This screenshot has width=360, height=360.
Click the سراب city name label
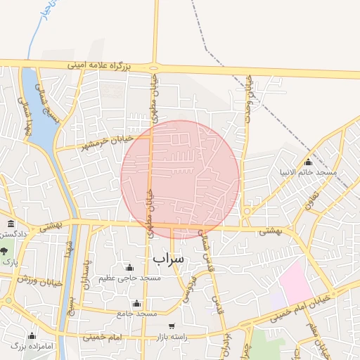168,258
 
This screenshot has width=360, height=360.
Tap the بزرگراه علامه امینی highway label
101,65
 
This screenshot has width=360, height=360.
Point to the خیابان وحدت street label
248,103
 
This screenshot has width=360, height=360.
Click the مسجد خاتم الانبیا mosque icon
307,162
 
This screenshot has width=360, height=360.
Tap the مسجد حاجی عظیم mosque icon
129,268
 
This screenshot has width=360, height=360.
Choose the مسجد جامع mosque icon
137,303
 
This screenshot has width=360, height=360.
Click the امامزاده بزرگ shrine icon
32,335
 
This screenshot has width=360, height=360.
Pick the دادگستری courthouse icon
11,223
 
